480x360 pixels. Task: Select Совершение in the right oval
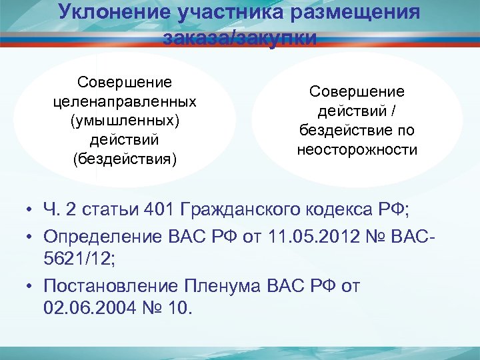coord(357,91)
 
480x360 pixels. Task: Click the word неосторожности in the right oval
coord(357,150)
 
